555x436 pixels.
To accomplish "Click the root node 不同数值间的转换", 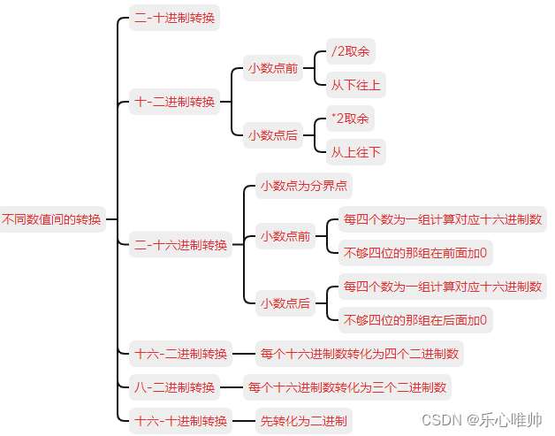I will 52,219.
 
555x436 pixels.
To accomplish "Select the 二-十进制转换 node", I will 175,18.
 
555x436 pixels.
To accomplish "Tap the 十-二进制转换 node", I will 175,102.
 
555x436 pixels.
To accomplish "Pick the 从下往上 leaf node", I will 356,86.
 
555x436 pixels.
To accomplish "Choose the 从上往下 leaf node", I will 356,152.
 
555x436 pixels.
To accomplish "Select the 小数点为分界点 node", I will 303,187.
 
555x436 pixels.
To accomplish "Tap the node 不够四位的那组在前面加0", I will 415,253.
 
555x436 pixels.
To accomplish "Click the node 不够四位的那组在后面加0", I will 415,319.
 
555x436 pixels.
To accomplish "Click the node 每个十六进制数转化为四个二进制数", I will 360,354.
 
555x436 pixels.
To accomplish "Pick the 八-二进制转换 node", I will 175,386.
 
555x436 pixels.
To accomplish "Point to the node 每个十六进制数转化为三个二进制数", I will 347,386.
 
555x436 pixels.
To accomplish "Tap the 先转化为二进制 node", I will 303,420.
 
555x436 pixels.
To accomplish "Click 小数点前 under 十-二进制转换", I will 273,68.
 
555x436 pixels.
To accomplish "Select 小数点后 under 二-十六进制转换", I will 285,303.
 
